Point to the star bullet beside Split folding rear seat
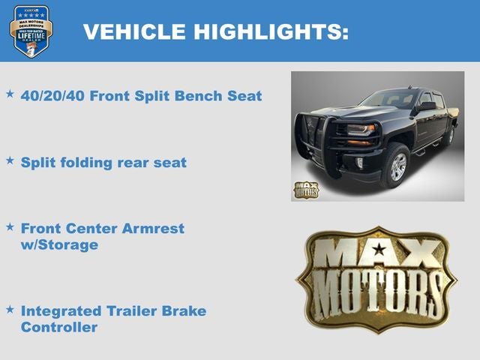click(10, 160)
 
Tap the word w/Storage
click(59, 244)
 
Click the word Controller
click(58, 327)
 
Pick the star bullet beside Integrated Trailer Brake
click(10, 309)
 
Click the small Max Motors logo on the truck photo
click(306, 190)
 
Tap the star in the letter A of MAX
click(379, 248)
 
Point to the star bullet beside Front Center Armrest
click(10, 226)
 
